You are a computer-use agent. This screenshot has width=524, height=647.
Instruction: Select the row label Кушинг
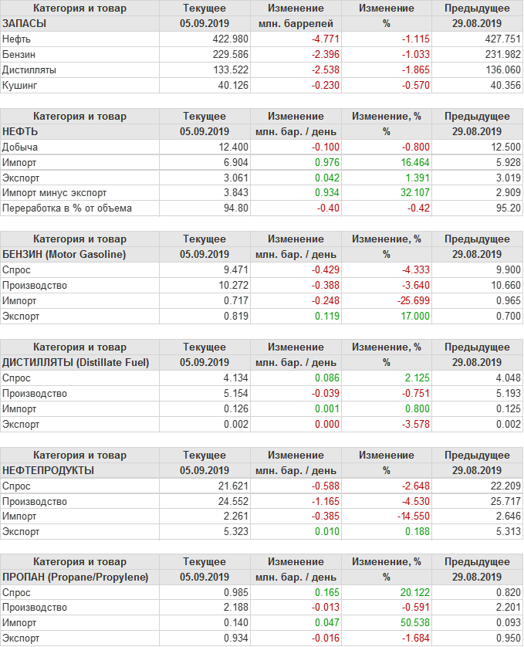pyautogui.click(x=20, y=85)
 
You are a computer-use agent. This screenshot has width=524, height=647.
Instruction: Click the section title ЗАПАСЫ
pyautogui.click(x=25, y=23)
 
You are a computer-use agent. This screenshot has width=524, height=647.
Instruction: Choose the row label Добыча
pyautogui.click(x=20, y=147)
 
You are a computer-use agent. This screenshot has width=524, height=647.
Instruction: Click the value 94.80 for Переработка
pyautogui.click(x=235, y=208)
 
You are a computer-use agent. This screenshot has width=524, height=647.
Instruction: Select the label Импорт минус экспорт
pyautogui.click(x=55, y=193)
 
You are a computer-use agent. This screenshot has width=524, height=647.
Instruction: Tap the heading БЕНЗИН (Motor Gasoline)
pyautogui.click(x=65, y=254)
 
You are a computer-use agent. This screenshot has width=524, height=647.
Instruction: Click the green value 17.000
pyautogui.click(x=404, y=316)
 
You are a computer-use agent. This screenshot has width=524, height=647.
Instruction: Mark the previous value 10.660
pyautogui.click(x=503, y=285)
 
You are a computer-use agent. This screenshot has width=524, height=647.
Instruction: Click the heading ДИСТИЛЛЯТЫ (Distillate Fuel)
pyautogui.click(x=76, y=362)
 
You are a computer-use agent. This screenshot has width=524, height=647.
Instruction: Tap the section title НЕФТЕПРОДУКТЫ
pyautogui.click(x=49, y=470)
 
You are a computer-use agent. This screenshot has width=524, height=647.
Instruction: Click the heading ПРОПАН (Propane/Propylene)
pyautogui.click(x=76, y=578)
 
